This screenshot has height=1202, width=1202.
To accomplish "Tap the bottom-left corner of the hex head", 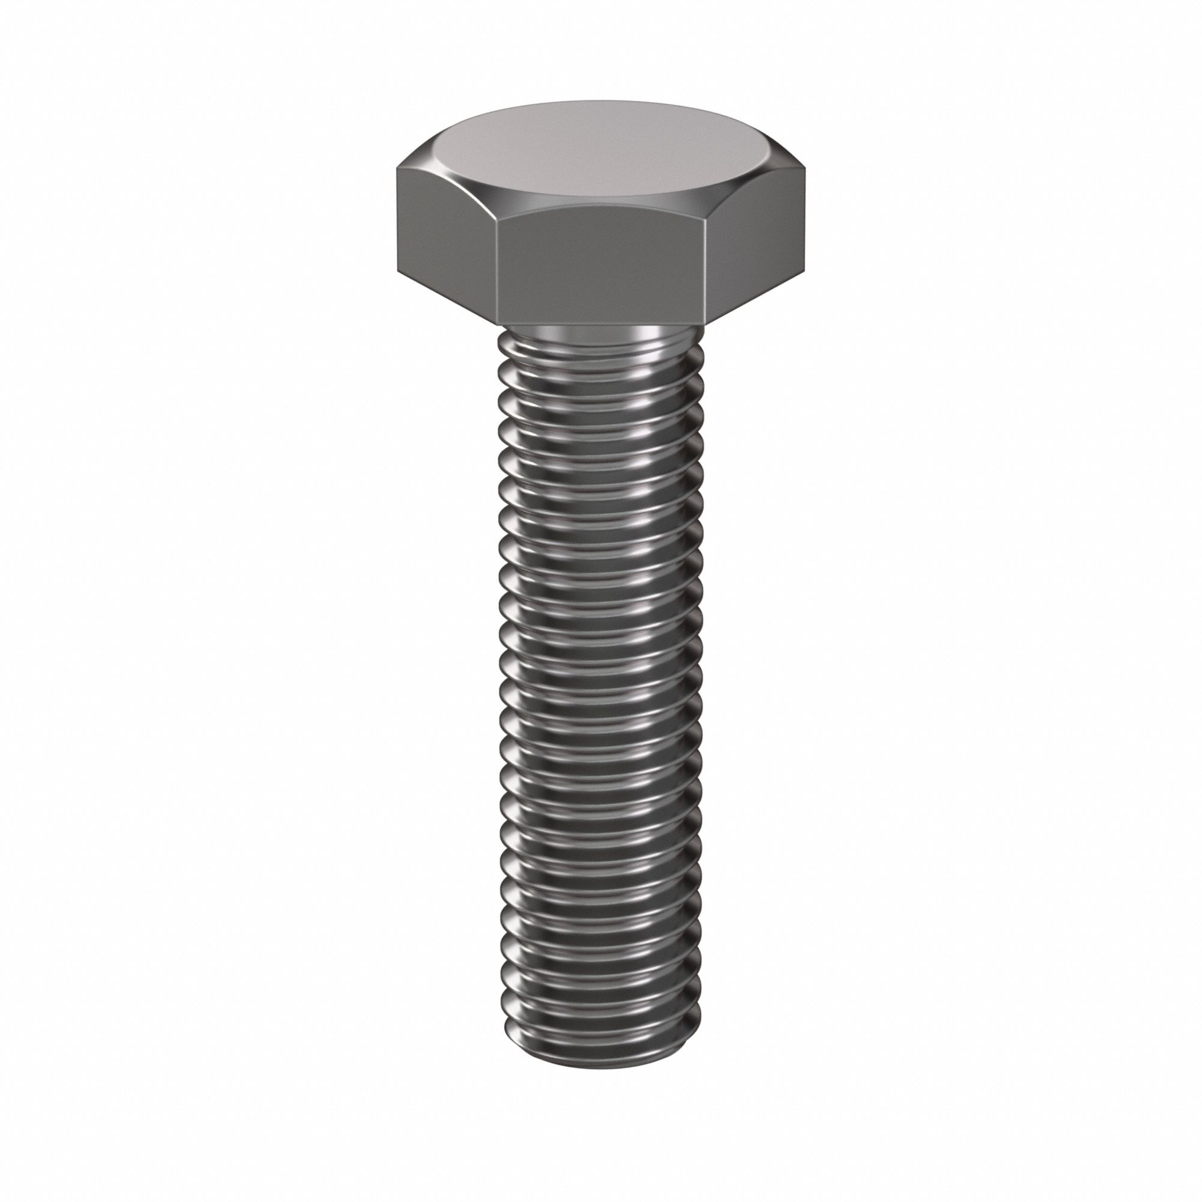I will pyautogui.click(x=396, y=272).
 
